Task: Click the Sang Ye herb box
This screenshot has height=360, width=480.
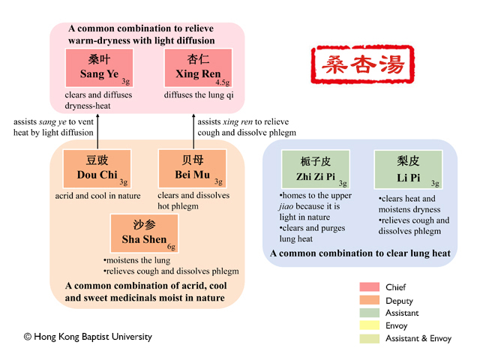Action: tap(99, 68)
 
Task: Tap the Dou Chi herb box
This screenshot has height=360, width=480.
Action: tap(97, 169)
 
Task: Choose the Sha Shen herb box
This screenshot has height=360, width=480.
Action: tap(144, 233)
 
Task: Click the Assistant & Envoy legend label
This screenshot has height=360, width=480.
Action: tap(418, 338)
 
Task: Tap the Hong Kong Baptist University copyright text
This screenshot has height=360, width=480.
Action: tap(88, 337)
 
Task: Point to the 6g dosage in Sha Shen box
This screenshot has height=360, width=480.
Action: tap(171, 246)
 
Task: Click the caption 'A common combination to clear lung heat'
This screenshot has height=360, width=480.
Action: tap(360, 253)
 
